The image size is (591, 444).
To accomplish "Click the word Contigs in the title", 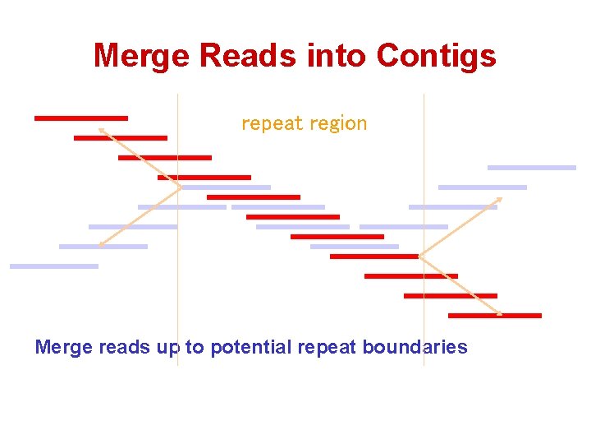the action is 436,56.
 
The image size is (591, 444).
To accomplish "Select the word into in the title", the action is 337,56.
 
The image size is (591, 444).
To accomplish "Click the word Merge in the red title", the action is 142,56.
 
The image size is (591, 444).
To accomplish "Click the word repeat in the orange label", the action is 268,124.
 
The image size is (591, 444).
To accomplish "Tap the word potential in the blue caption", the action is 250,347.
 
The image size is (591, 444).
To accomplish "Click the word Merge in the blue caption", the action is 64,347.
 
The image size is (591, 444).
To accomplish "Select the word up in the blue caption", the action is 167,348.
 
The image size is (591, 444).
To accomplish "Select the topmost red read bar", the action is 80,118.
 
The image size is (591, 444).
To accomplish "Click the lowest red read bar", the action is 494,315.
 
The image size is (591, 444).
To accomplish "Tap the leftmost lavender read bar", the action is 53,266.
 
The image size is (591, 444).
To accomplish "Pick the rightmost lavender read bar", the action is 532,168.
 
